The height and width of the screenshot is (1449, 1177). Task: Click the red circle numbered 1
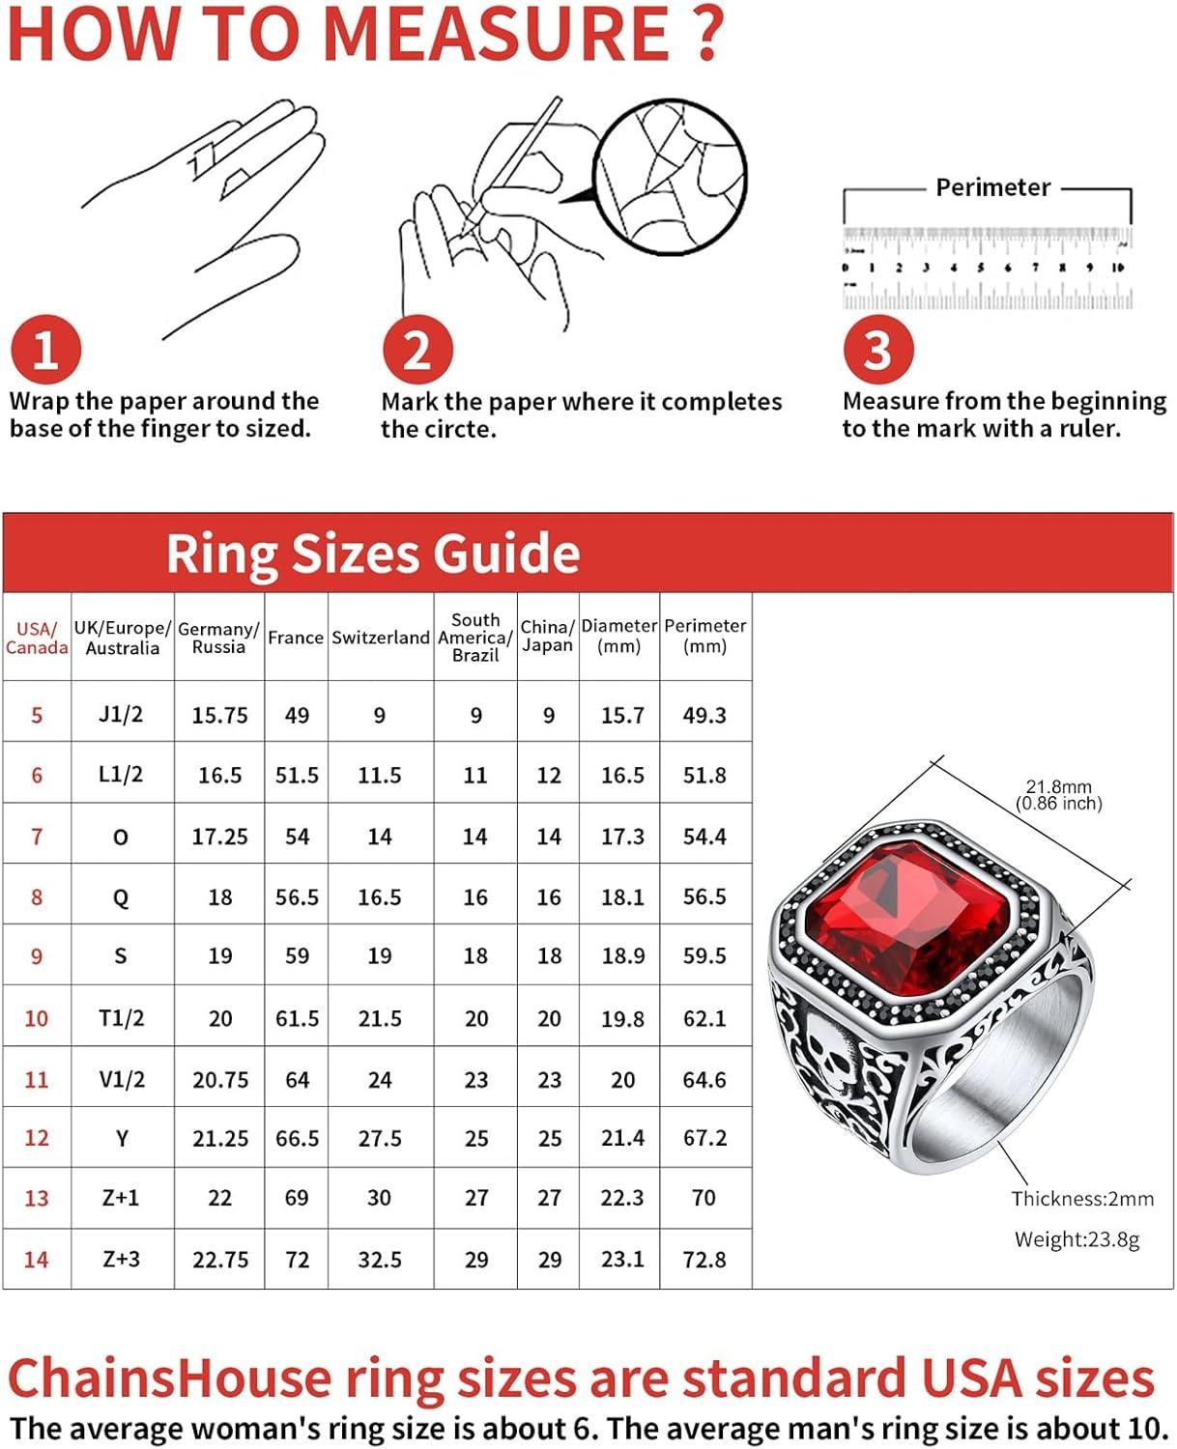pyautogui.click(x=45, y=350)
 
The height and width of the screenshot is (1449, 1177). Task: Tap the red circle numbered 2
pyautogui.click(x=416, y=350)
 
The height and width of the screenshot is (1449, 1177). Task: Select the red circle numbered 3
pyautogui.click(x=877, y=350)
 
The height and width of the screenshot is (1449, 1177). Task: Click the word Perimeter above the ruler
pyautogui.click(x=992, y=187)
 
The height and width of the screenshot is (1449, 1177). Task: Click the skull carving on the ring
pyautogui.click(x=828, y=1056)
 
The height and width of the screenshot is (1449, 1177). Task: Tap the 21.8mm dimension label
pyautogui.click(x=1058, y=787)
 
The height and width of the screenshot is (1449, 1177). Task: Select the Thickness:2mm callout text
pyautogui.click(x=1082, y=1199)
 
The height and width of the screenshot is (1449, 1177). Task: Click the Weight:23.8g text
pyautogui.click(x=1077, y=1239)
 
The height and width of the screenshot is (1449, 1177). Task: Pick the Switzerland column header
pyautogui.click(x=380, y=638)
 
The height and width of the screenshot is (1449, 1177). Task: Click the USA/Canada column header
pyautogui.click(x=37, y=638)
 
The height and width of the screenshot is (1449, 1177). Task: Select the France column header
pyautogui.click(x=296, y=638)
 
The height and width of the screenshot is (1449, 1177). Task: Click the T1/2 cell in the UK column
pyautogui.click(x=122, y=1018)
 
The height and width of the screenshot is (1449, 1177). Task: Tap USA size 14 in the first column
pyautogui.click(x=36, y=1260)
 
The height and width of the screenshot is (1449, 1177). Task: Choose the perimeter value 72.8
pyautogui.click(x=704, y=1260)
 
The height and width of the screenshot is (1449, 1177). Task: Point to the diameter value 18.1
pyautogui.click(x=622, y=897)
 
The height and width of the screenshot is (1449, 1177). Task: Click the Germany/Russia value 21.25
pyautogui.click(x=219, y=1139)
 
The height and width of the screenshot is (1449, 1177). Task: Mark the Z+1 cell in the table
pyautogui.click(x=121, y=1199)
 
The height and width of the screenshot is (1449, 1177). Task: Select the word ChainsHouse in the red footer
pyautogui.click(x=169, y=1378)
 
